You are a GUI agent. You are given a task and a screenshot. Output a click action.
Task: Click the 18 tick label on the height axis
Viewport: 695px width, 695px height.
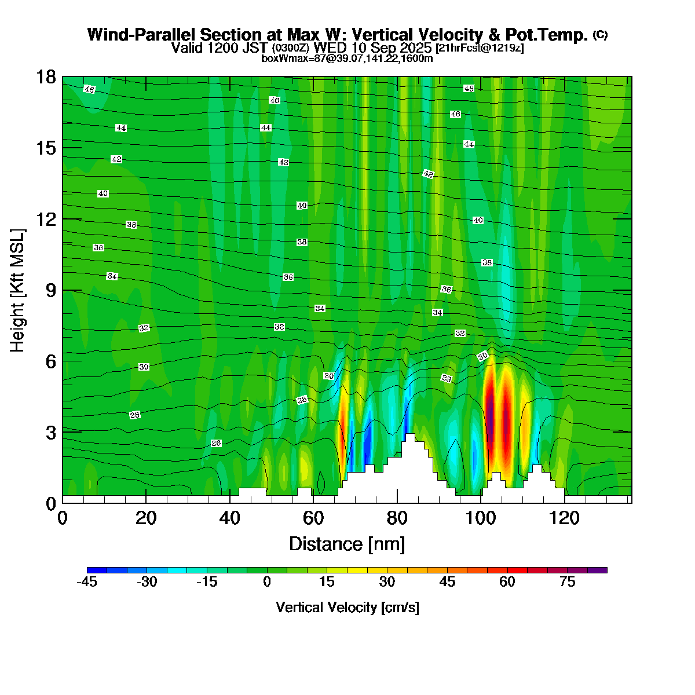coord(46,77)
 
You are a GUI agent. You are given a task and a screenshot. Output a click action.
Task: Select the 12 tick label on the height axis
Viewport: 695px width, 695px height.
coord(46,219)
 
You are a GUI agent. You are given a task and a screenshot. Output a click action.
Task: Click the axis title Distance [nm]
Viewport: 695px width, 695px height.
coord(347,544)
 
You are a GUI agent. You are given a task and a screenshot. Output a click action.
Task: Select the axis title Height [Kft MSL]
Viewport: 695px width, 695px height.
coord(18,291)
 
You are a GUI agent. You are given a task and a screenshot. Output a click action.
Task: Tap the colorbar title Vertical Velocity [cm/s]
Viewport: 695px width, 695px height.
coord(348,608)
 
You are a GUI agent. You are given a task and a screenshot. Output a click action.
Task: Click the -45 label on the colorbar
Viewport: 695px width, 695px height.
coord(87,582)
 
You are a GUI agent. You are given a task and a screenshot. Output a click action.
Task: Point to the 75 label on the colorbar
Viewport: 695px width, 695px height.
coord(568,582)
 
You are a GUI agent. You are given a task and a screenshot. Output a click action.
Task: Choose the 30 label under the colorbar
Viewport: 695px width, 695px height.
coord(387,582)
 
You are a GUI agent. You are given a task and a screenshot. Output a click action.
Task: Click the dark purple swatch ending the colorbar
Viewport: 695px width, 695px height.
coord(597,570)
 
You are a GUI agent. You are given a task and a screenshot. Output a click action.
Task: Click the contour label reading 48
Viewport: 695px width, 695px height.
coord(469,89)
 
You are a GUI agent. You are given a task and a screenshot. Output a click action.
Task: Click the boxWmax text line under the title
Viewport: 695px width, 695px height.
coord(347,58)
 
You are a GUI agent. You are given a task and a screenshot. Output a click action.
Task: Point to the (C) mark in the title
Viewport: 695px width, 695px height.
coord(600,35)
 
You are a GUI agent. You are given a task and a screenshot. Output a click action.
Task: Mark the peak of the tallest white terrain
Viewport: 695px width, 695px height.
coord(410,434)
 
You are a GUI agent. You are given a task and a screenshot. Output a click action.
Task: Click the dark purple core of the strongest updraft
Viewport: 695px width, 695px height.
coord(491,417)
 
